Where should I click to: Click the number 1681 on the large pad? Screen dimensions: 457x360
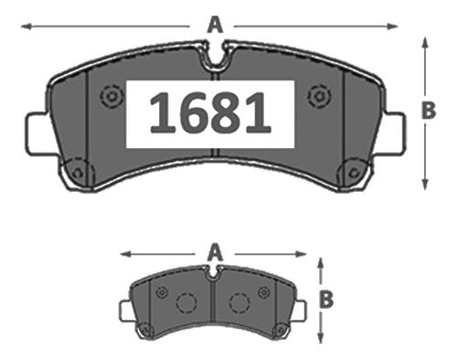pos(210,113)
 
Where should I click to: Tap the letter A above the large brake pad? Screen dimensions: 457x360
pos(215,25)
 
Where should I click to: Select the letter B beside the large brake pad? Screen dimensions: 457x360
pos(429,111)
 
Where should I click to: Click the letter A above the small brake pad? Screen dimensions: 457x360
pos(215,253)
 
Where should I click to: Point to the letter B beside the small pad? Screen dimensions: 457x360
pos(326,299)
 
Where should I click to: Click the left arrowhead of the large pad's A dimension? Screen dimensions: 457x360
pos(27,26)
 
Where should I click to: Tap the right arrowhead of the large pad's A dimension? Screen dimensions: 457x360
pos(392,26)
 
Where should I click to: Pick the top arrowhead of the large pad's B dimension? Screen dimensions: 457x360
pos(425,43)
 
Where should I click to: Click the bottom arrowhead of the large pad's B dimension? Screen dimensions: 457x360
pos(425,185)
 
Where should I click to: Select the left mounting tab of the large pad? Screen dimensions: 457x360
pos(39,134)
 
